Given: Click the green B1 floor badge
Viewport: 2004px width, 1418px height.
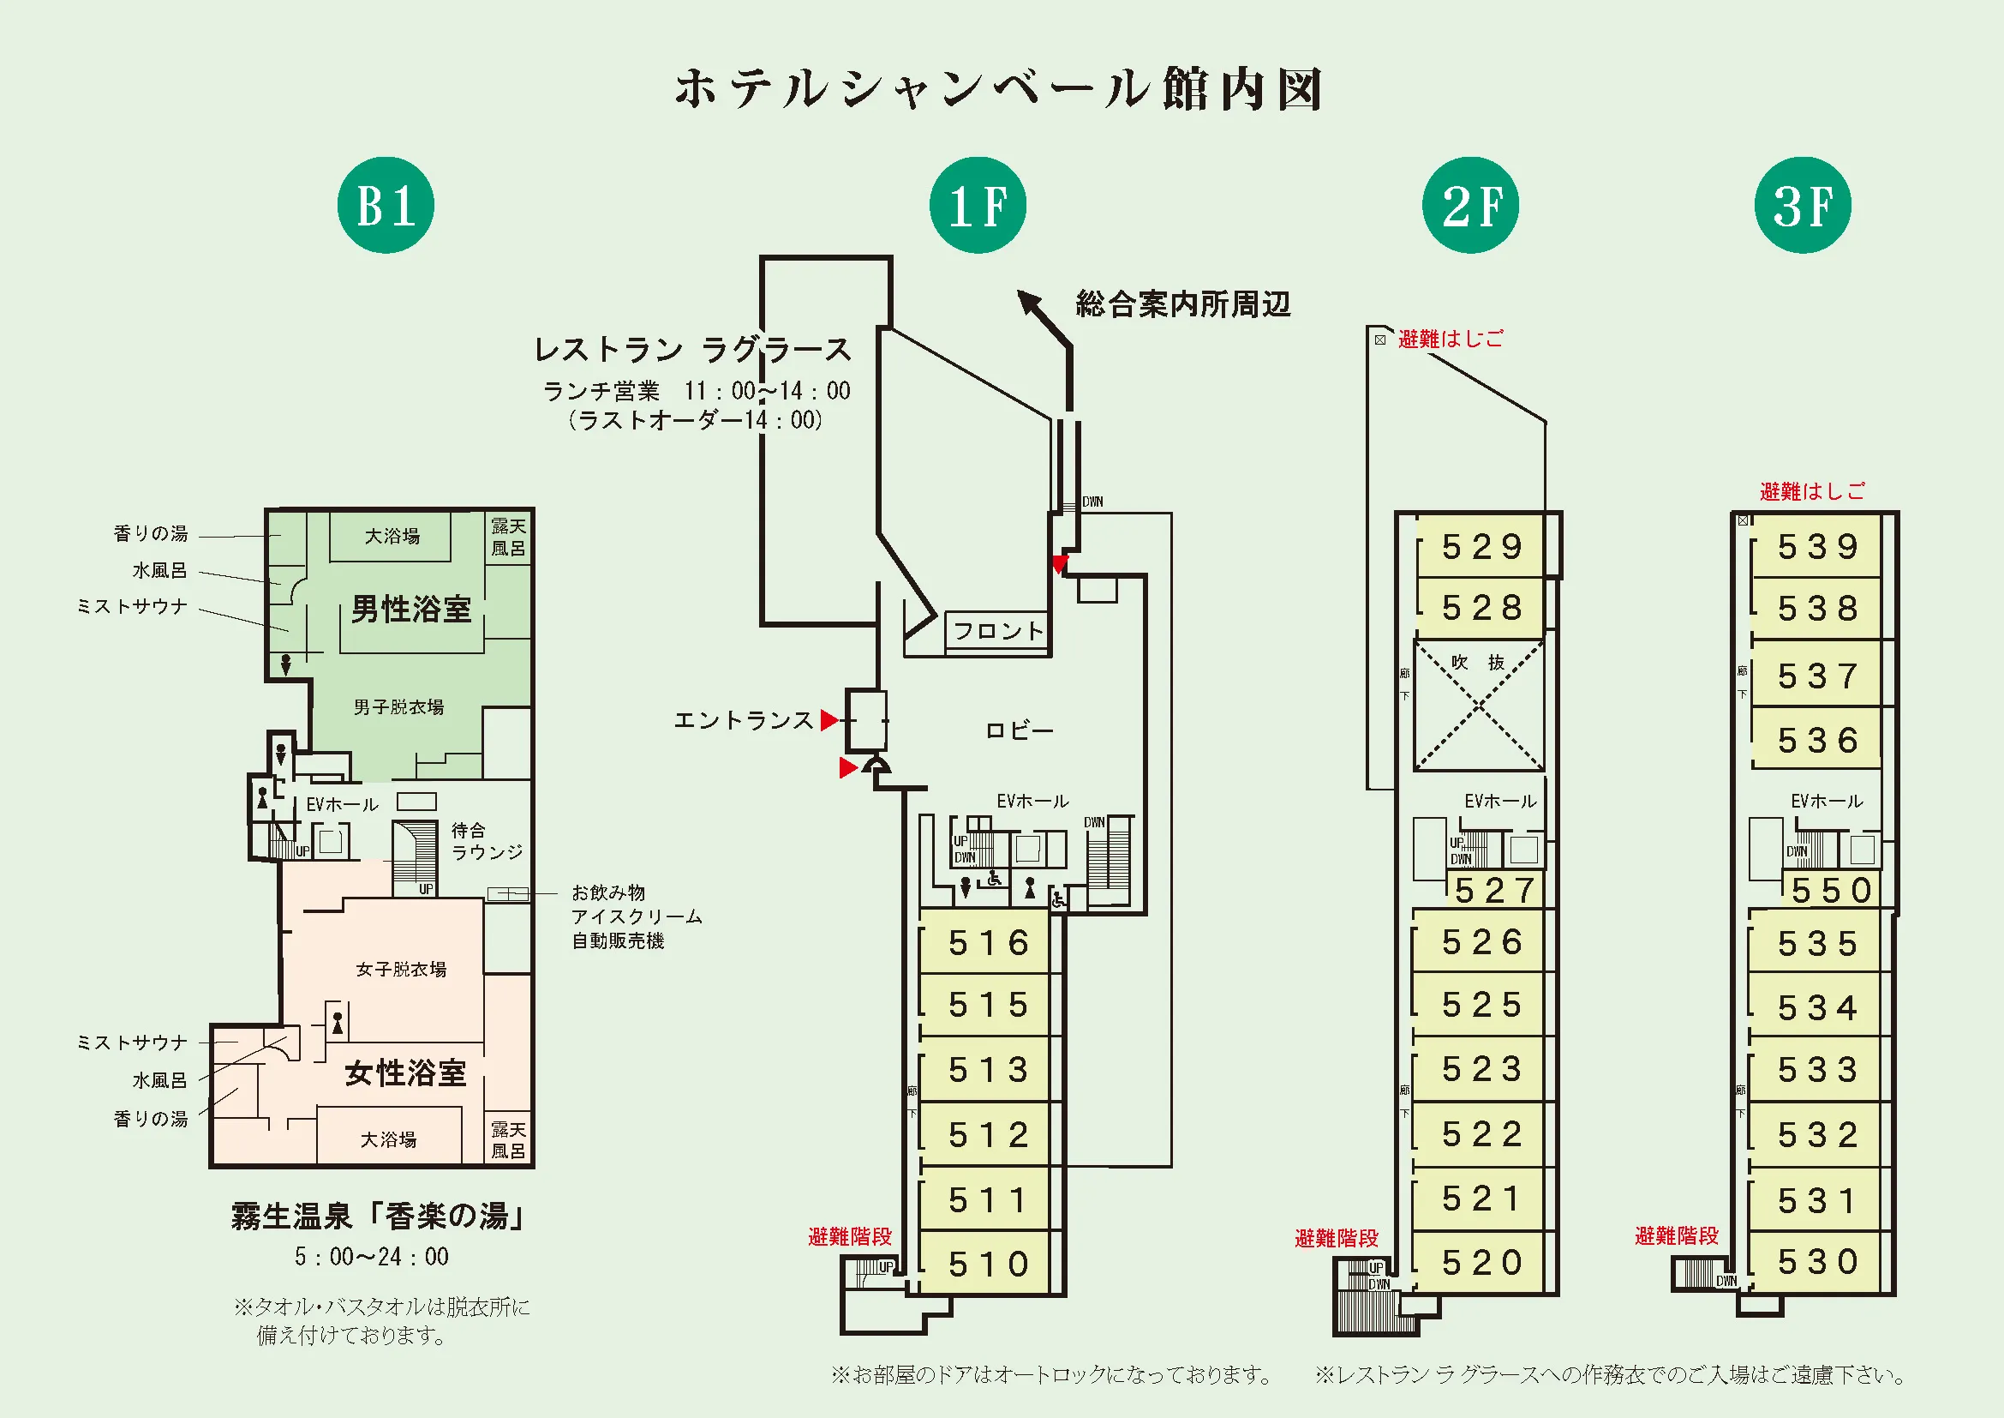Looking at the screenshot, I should tap(385, 206).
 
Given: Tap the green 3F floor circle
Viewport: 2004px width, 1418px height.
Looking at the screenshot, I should tap(1802, 206).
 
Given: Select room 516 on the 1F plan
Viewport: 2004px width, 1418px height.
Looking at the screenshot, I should tap(988, 943).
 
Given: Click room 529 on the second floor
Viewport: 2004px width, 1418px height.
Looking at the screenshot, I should tap(1481, 548).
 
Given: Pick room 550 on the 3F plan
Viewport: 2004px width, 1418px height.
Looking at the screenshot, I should tap(1830, 891).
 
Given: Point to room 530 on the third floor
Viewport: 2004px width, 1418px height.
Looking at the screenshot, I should tap(1817, 1262).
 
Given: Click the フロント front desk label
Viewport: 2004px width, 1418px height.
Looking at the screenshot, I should tap(997, 630).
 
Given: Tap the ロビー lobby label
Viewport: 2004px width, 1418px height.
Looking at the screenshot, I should tap(1019, 730).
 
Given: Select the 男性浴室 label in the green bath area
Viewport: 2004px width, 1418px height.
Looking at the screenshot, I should tap(410, 610).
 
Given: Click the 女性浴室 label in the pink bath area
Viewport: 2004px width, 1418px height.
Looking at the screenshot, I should tap(405, 1073).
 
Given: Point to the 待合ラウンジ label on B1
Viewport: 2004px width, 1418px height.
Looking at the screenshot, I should tap(486, 841).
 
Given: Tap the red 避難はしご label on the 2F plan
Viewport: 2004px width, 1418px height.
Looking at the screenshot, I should tap(1451, 339).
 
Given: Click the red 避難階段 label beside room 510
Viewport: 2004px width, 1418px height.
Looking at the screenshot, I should tap(849, 1236).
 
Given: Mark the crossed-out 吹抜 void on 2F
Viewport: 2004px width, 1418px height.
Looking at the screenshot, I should tap(1479, 706).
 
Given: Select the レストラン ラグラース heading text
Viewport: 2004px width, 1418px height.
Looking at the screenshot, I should tap(692, 350).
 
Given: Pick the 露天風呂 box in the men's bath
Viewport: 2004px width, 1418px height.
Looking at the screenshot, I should tap(508, 537).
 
